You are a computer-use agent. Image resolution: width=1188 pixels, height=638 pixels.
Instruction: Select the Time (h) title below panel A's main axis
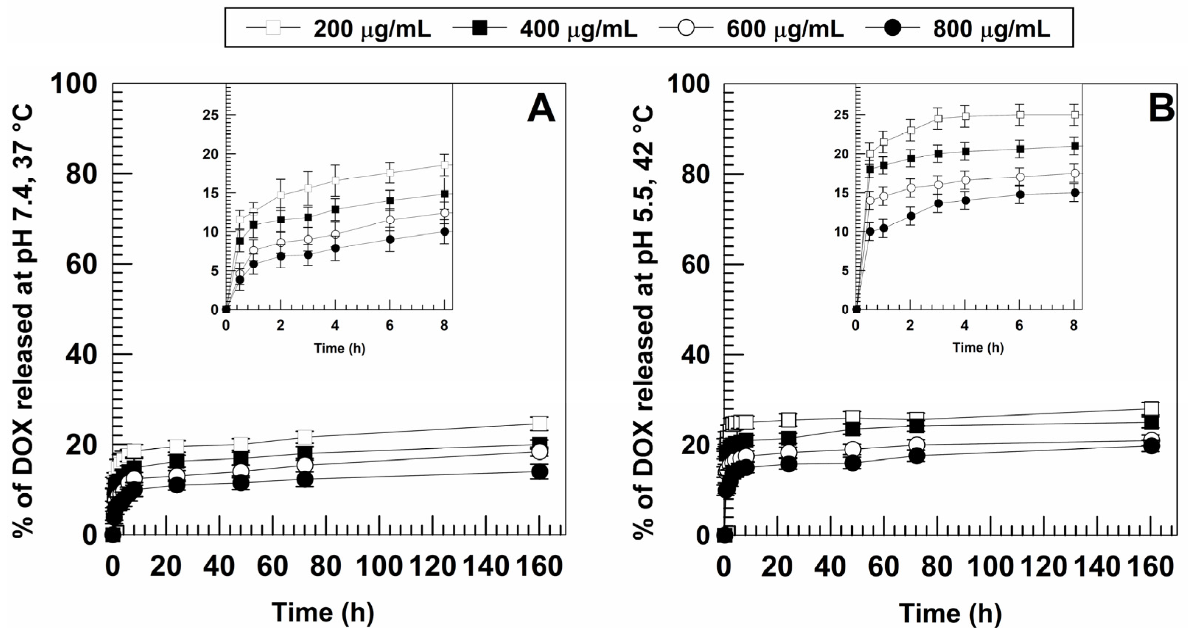(x=323, y=613)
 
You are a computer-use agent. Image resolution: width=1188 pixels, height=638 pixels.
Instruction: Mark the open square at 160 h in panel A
(x=540, y=423)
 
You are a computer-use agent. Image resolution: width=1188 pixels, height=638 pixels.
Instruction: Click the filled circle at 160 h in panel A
(x=540, y=472)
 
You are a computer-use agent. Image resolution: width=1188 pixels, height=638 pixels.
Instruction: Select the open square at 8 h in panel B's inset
(x=1075, y=115)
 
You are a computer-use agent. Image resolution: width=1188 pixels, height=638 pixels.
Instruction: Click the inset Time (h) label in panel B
(x=978, y=347)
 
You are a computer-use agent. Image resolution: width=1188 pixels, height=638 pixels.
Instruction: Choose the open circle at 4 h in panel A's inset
(x=335, y=234)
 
